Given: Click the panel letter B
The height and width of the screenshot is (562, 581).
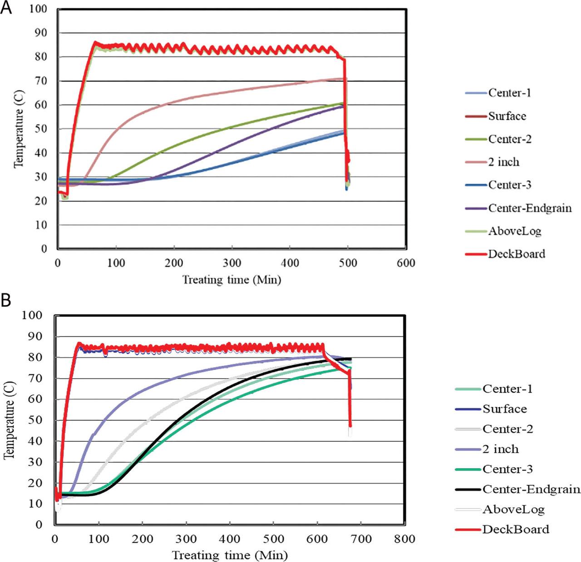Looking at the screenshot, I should (6, 300).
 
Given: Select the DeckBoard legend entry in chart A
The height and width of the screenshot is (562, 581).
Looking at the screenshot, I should (516, 254).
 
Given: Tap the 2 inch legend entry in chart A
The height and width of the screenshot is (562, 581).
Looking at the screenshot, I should (503, 162).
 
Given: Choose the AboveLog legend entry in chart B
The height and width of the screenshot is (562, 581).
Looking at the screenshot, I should (513, 509).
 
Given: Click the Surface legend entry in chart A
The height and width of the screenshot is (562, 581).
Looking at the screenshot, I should (507, 116).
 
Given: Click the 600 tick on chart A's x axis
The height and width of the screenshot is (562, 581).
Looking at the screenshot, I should (405, 263).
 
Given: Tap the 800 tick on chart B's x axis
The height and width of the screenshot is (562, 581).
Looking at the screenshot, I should (404, 539).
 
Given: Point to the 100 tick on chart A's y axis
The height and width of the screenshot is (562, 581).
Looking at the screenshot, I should (38, 9).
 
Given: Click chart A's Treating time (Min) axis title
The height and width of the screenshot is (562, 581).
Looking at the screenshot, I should (231, 279).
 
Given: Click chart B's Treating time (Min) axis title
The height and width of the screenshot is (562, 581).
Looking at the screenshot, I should (230, 555).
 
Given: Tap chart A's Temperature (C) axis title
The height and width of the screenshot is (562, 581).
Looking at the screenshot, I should (18, 129).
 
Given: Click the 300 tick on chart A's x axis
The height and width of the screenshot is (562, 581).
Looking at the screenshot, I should (232, 263).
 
